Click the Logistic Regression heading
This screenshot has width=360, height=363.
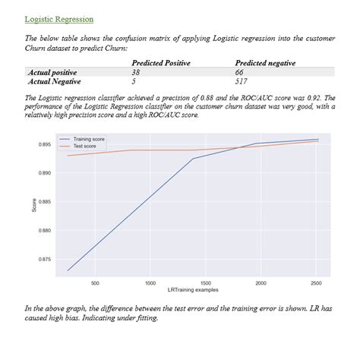point(59,18)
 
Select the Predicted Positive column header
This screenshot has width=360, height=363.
point(160,63)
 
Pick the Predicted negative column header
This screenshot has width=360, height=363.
point(265,63)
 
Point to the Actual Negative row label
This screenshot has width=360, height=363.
point(54,80)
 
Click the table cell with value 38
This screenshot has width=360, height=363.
point(137,71)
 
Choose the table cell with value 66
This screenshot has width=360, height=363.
point(240,71)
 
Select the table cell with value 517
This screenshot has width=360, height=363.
point(242,80)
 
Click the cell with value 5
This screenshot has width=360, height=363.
point(134,80)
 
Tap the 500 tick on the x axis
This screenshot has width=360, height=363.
point(95,283)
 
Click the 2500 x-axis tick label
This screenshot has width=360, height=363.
point(316,283)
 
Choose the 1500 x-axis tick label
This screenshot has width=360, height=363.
point(205,283)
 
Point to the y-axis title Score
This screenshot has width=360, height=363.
point(34,204)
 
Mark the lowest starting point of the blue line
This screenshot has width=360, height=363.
point(68,270)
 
